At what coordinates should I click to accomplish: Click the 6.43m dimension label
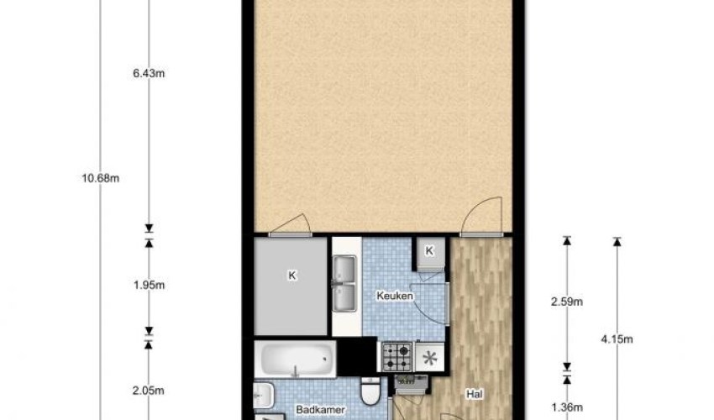pos(148,73)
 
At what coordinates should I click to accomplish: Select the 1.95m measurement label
pos(148,285)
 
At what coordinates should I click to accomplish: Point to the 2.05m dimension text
pos(148,391)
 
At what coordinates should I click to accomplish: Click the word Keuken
pos(392,296)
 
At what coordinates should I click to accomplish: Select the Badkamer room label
pos(312,411)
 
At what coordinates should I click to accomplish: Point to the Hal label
pos(476,392)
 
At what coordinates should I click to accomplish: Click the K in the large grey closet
pos(291,274)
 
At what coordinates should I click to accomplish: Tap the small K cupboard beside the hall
pos(429,251)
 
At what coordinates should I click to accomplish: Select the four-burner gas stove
pos(397,356)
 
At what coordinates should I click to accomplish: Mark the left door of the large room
pos(290,223)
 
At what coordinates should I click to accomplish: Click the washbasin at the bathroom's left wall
pos(261,394)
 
